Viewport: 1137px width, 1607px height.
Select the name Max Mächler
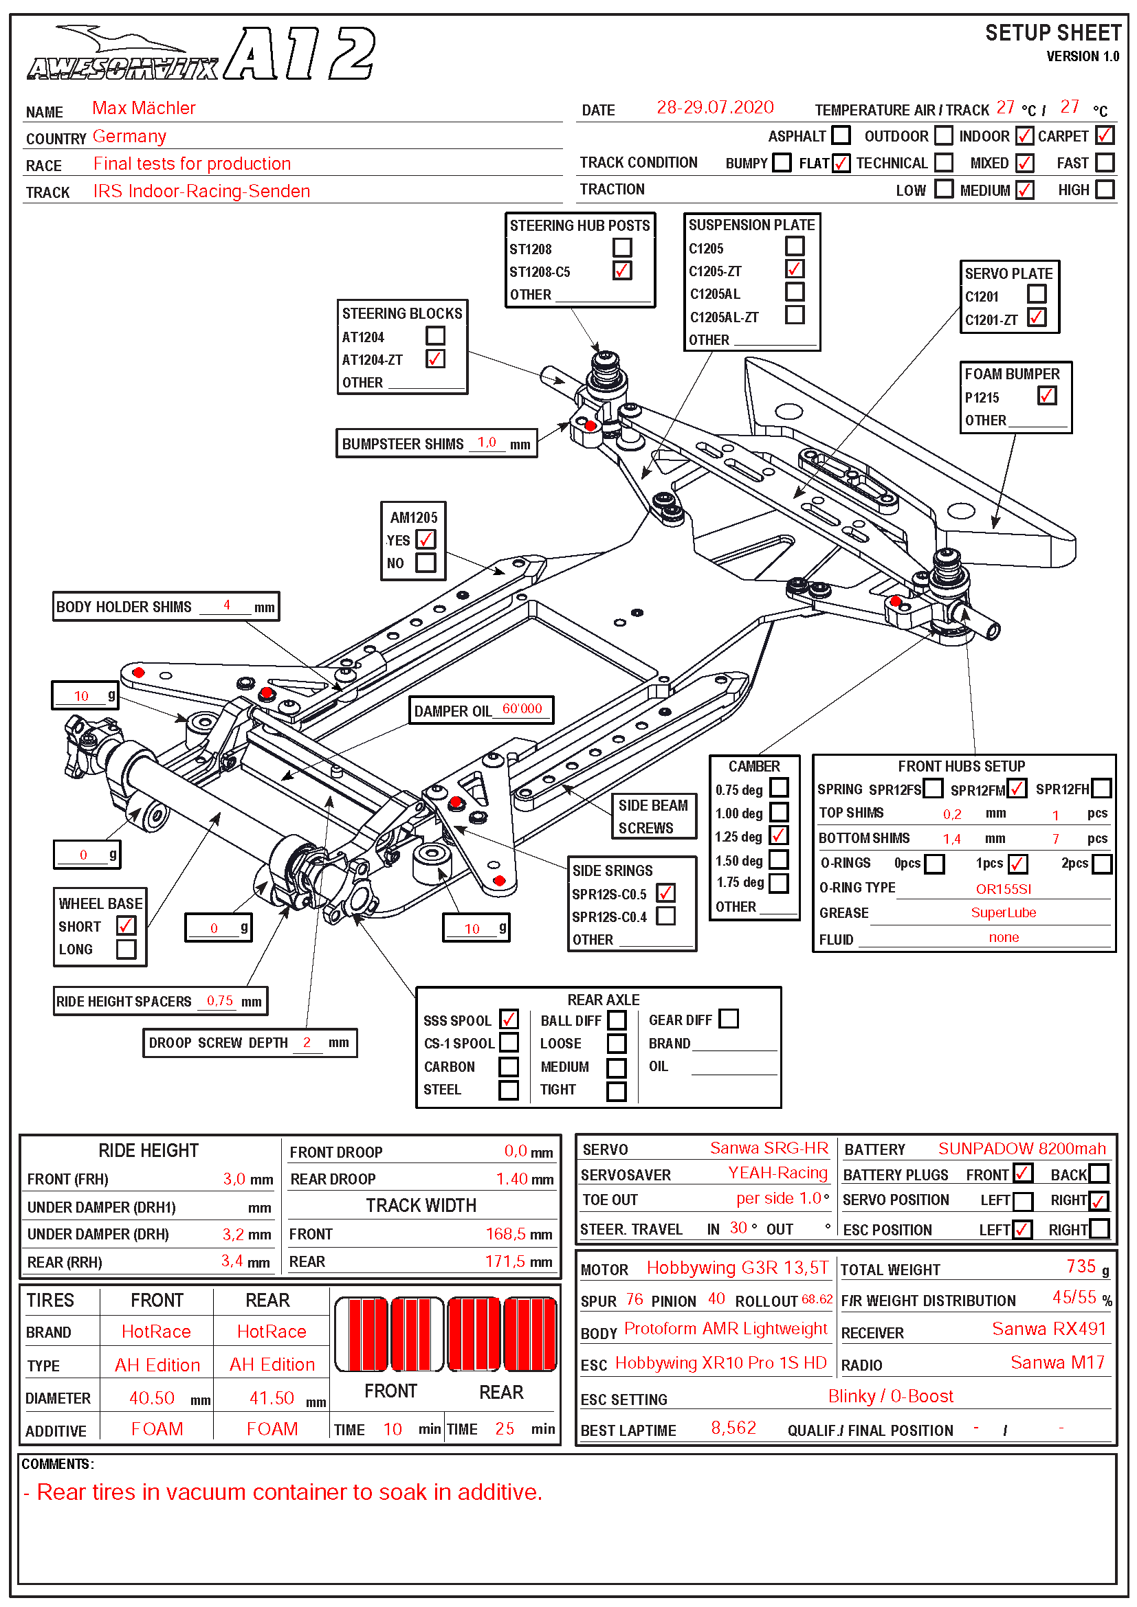click(144, 108)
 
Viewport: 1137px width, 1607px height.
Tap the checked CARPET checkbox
click(1104, 135)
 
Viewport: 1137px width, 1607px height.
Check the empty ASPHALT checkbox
click(841, 135)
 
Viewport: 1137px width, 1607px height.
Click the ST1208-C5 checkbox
click(621, 271)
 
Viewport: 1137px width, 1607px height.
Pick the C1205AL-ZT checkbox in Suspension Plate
click(794, 315)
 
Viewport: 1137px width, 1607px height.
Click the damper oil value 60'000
click(522, 709)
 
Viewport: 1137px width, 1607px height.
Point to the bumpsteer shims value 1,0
click(487, 442)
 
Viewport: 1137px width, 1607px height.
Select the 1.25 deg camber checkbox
click(779, 835)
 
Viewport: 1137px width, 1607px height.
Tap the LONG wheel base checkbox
click(126, 949)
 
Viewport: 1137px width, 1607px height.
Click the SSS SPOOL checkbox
click(509, 1019)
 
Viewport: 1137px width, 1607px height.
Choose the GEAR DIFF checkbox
click(729, 1018)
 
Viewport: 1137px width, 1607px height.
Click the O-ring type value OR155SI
click(1003, 889)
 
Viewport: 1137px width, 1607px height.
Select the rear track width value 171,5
click(505, 1261)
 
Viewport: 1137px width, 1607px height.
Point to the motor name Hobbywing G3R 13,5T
click(736, 1268)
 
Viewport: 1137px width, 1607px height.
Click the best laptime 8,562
click(733, 1428)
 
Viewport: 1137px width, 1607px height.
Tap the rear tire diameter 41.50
click(272, 1397)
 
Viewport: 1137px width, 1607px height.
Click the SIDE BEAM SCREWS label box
click(652, 816)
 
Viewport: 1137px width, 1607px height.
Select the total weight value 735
click(1081, 1266)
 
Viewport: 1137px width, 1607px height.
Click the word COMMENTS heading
click(56, 1464)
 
